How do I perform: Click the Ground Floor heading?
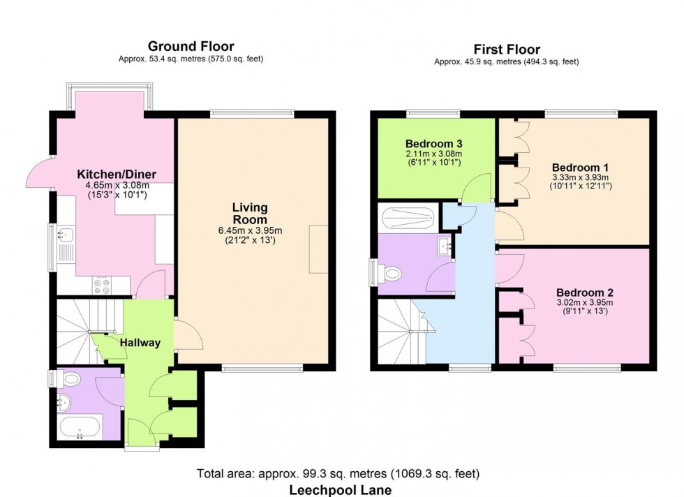[x=191, y=46]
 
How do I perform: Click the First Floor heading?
[x=506, y=49]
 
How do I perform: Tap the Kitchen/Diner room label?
[x=116, y=175]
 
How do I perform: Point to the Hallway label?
[x=140, y=343]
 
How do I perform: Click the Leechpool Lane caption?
[x=341, y=490]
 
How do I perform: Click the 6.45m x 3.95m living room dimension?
[x=249, y=231]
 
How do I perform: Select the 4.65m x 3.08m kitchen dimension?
[x=116, y=186]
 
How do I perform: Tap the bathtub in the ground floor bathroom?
[x=79, y=426]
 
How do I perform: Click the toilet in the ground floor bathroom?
[x=69, y=380]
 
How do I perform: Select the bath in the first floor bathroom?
[x=406, y=218]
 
